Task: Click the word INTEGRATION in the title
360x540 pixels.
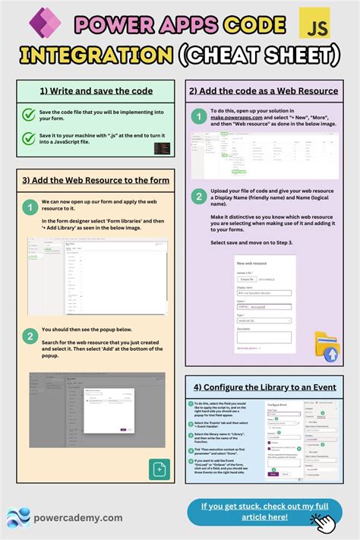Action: click(96, 55)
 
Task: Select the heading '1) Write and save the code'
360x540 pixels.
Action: click(96, 91)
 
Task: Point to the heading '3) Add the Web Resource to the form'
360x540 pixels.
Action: click(96, 180)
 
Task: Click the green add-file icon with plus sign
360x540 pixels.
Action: click(159, 469)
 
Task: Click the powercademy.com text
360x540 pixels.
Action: click(78, 517)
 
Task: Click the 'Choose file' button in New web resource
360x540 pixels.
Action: click(248, 279)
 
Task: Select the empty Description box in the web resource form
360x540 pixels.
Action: click(263, 337)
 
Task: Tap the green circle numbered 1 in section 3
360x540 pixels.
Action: click(30, 207)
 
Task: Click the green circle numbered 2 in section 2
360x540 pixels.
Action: click(198, 195)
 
